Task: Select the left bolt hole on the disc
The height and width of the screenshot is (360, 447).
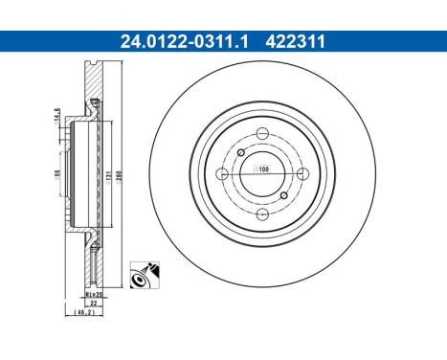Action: point(222,173)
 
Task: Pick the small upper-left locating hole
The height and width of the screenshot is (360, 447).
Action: point(240,152)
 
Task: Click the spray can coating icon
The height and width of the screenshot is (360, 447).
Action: point(145,275)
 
